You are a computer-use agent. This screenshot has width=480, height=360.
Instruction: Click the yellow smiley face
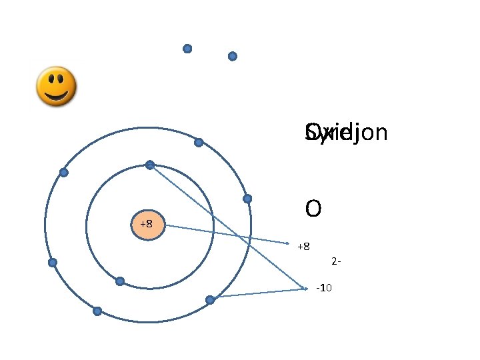pos(55,86)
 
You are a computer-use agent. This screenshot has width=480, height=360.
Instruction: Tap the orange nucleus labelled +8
pos(147,224)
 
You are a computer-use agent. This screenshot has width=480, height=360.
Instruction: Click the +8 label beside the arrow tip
pos(303,247)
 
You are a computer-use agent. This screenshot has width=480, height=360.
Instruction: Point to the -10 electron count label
pos(325,287)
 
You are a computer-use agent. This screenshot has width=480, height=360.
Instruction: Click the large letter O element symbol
pos(313,209)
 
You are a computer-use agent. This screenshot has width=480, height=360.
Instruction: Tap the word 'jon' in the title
pos(367,133)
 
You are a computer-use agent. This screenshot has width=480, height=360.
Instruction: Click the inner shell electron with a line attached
pos(150,165)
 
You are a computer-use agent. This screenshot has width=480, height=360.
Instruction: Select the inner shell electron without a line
pos(120,281)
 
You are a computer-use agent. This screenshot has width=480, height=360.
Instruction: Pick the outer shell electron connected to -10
pos(210,300)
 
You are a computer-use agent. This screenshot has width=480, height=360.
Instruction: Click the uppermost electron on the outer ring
pos(199,142)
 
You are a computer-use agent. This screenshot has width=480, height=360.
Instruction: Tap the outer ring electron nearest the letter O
pos(247,199)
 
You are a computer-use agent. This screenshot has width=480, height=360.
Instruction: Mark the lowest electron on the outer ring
pos(97,311)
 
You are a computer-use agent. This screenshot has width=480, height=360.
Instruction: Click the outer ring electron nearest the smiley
pos(64,172)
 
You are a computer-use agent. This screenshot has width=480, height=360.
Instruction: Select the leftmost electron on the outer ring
pos(53,262)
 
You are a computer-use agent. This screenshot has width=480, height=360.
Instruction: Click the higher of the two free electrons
pos(187,49)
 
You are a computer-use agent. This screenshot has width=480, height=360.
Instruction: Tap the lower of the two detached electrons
pos(233,57)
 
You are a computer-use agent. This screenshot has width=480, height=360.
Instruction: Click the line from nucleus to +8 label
pos(227,234)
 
